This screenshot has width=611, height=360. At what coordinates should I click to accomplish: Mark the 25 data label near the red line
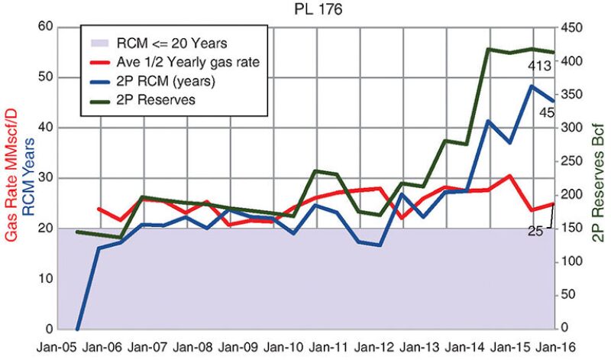pyautogui.click(x=535, y=230)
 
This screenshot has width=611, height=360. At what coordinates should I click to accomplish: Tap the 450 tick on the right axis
pyautogui.click(x=571, y=28)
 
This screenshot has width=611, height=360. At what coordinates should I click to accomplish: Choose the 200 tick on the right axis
pyautogui.click(x=571, y=195)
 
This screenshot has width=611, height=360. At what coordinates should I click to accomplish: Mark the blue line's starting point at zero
pyautogui.click(x=77, y=329)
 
